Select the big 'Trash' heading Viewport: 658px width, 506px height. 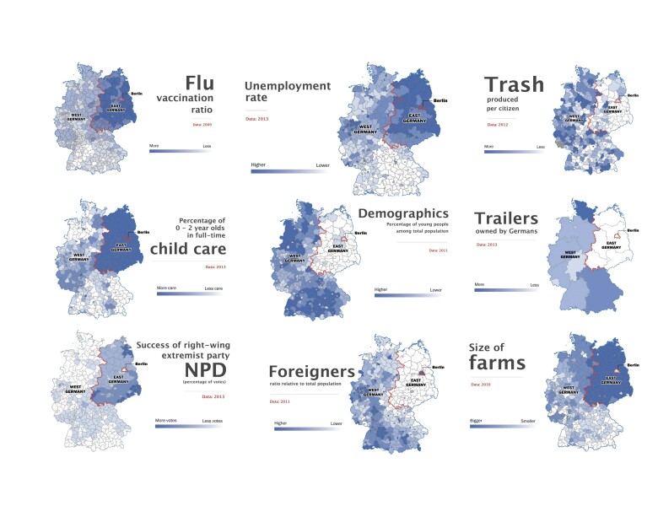point(514,84)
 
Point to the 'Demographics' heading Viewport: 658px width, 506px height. point(403,213)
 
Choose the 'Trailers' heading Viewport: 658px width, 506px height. point(506,219)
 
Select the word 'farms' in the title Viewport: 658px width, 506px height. point(498,363)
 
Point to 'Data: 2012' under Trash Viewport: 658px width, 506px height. point(497,125)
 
